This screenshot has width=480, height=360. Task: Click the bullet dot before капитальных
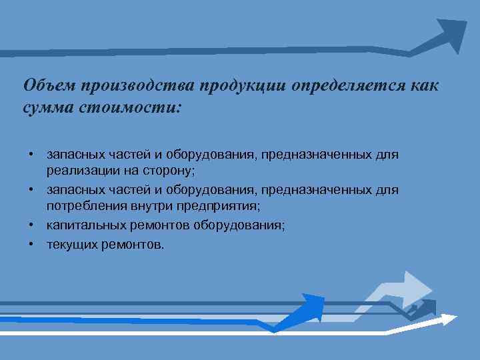point(31,225)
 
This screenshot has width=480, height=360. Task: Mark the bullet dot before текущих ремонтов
point(31,243)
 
